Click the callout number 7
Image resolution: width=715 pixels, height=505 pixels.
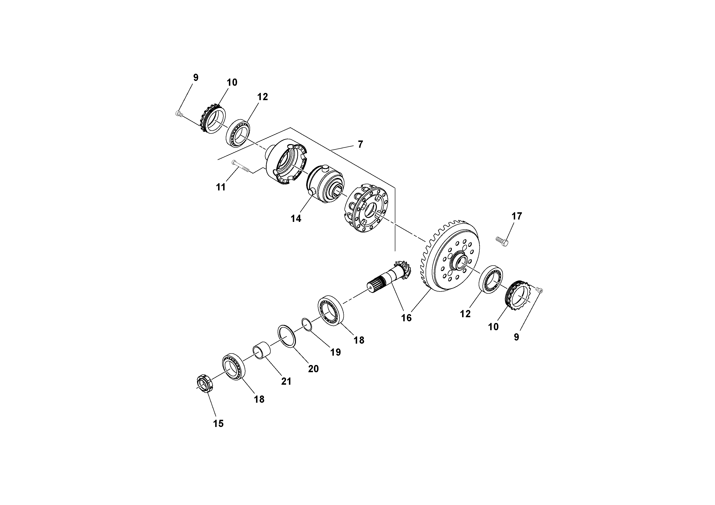(360, 145)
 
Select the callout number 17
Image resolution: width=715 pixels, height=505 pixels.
(516, 216)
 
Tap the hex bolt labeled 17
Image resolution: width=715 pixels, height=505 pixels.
(502, 241)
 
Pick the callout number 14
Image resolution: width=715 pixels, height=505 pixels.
(296, 219)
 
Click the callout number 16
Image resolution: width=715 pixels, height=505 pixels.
(406, 318)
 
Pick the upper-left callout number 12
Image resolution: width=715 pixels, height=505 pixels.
(263, 97)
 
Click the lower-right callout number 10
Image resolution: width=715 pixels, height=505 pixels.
(493, 327)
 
